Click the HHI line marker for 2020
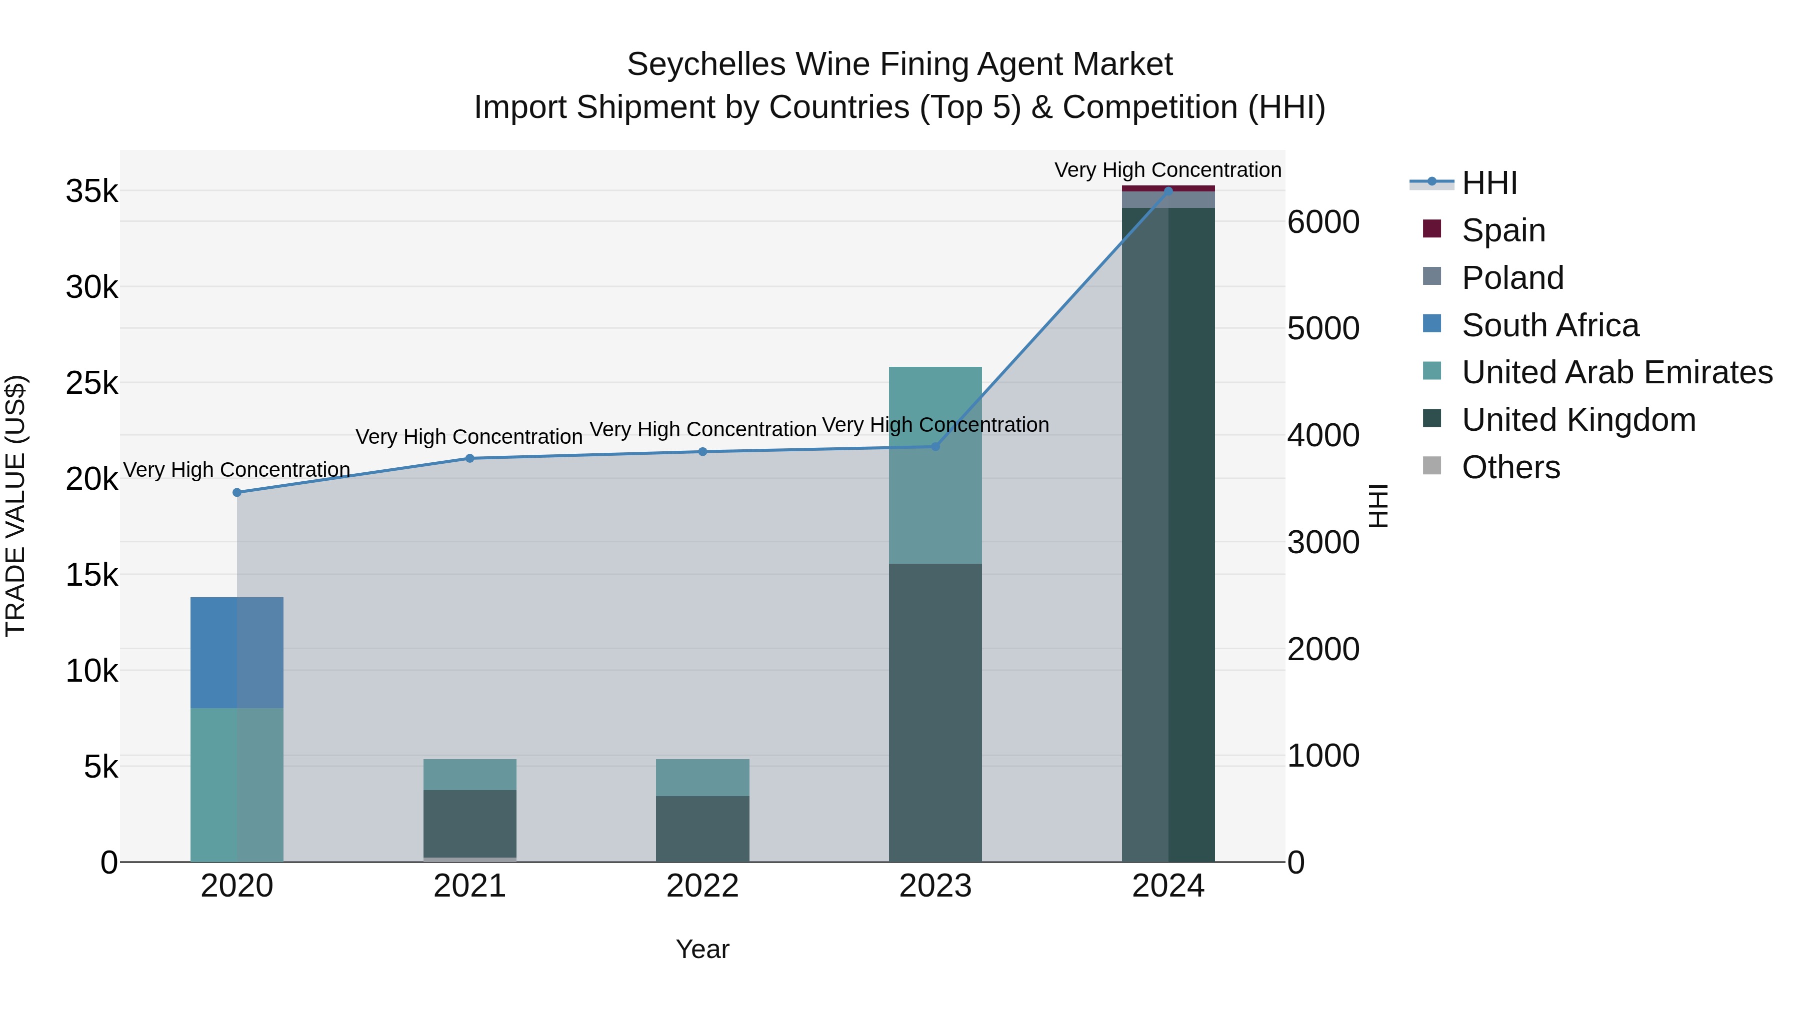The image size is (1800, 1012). point(237,492)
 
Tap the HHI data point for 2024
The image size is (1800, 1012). point(1168,191)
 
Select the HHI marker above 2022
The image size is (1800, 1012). point(703,452)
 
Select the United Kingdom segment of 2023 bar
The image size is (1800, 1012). point(935,712)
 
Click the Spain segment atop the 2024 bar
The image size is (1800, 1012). point(1168,188)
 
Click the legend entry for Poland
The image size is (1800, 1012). point(1512,278)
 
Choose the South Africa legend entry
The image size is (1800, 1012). point(1550,325)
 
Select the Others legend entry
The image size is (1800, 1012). point(1510,467)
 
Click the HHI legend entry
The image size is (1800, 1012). point(1488,183)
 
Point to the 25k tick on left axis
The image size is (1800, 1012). point(91,383)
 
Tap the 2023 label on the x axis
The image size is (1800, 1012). point(935,886)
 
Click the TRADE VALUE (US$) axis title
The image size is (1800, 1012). point(15,506)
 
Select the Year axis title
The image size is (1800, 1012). point(702,949)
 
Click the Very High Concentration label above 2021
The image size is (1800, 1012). point(469,436)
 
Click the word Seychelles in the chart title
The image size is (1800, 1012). point(705,64)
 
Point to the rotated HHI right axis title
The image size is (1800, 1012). point(1378,506)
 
